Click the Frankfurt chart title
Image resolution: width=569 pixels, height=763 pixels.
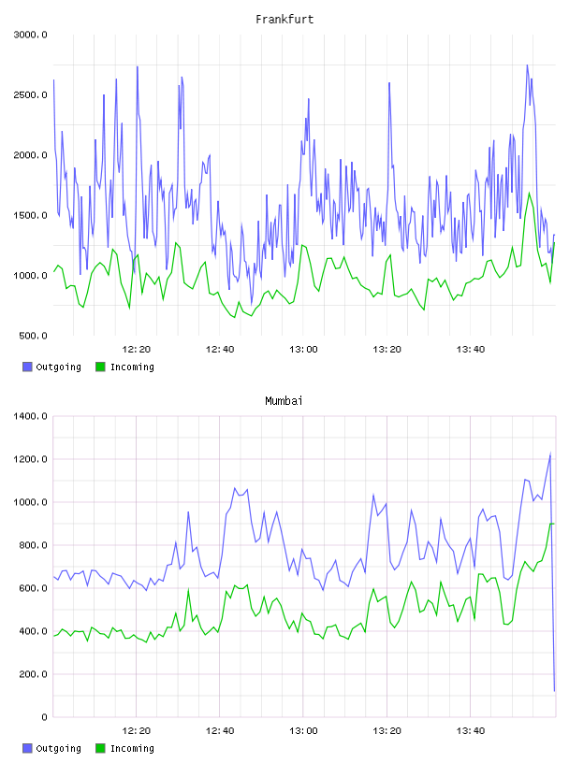[284, 20]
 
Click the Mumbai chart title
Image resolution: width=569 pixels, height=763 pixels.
[284, 401]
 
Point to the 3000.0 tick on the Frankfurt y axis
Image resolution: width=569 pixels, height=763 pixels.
[30, 35]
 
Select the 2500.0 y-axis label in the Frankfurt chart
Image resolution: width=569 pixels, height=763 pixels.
[30, 94]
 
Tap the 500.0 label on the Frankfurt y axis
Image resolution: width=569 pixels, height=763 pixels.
[33, 336]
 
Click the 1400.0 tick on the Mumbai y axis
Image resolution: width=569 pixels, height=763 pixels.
[30, 416]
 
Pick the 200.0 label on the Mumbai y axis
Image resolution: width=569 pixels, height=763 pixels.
[33, 674]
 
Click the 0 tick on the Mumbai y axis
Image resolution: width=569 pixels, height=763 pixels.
[44, 717]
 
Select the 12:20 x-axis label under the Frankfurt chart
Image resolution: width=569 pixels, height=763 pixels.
[137, 350]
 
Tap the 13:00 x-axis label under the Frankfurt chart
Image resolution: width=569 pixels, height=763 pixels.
[303, 350]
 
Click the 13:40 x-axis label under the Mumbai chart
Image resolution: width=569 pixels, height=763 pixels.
[471, 731]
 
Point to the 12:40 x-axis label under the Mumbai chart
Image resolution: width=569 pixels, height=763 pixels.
[220, 731]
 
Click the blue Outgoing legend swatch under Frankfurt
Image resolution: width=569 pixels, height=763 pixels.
[27, 367]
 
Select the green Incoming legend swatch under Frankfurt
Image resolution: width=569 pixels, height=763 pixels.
[100, 367]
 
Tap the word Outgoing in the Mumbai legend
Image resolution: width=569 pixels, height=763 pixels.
[58, 748]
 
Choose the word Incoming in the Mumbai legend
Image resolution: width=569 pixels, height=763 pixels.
[132, 748]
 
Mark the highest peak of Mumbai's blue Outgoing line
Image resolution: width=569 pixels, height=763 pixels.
[550, 454]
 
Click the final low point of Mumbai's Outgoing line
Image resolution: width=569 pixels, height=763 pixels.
[554, 691]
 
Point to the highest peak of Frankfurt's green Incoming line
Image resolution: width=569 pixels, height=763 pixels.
[530, 193]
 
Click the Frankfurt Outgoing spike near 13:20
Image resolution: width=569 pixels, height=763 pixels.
[389, 83]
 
